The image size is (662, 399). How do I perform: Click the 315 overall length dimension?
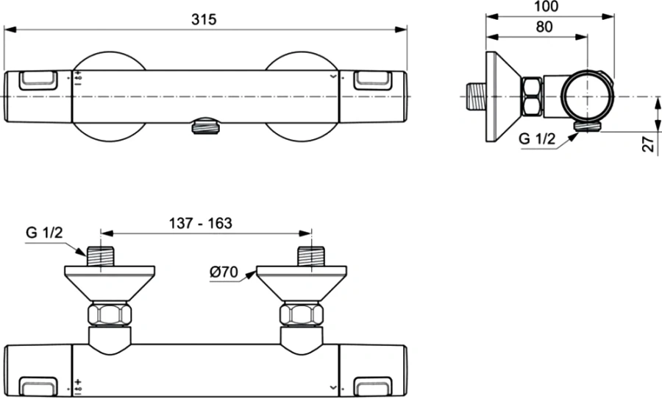[204, 20]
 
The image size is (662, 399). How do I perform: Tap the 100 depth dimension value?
[547, 7]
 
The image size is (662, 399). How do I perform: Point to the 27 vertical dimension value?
[647, 143]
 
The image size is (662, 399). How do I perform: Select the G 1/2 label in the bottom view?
[43, 233]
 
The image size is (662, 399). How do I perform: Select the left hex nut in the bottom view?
[110, 315]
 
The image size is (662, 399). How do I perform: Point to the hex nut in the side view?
[532, 97]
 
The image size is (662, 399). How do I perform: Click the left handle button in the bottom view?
[37, 386]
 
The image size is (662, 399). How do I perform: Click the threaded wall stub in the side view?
[474, 96]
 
